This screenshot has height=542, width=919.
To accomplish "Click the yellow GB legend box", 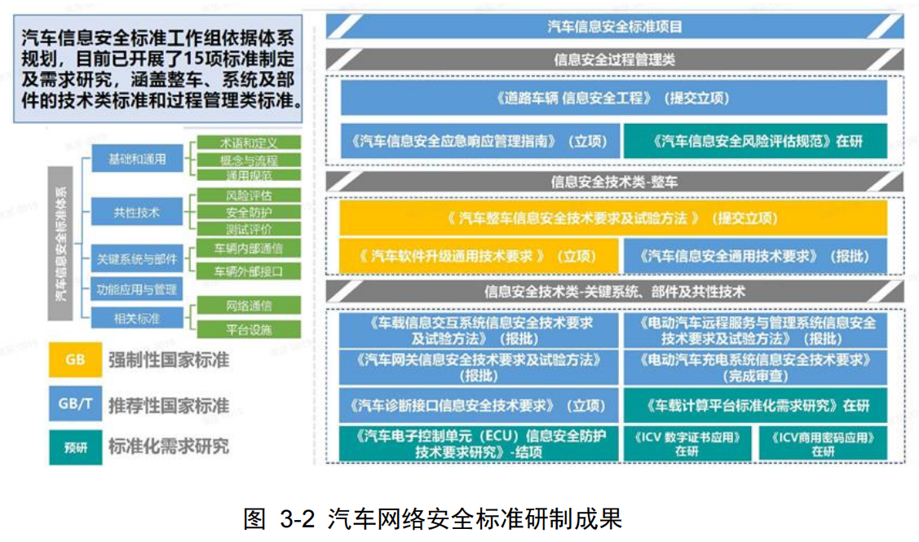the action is pos(75,359).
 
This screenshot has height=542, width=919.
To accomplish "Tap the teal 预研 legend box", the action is pos(75,447).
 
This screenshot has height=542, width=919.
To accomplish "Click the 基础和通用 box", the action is pos(137,159).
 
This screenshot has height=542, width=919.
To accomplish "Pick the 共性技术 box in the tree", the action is pos(137,214).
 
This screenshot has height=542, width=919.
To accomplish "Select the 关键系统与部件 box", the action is pos(137,259).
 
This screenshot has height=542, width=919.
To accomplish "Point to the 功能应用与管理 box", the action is pos(137,289).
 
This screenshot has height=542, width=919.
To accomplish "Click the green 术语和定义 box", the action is pos(249,143).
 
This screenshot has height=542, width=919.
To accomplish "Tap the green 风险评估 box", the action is pos(249,196).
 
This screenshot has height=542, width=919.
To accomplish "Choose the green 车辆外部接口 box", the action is pos(249,271).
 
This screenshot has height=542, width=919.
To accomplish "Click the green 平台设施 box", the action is pos(249,329).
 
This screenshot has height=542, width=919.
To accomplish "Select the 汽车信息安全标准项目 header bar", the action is pos(615,27).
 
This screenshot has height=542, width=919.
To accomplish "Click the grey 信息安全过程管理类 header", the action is pos(615,59).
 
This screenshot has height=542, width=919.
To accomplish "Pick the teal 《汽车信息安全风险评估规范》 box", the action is pos(756,141).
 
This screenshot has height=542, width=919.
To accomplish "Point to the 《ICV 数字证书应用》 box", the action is pos(687,444).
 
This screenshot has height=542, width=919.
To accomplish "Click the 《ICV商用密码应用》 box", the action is pos(823,444).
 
